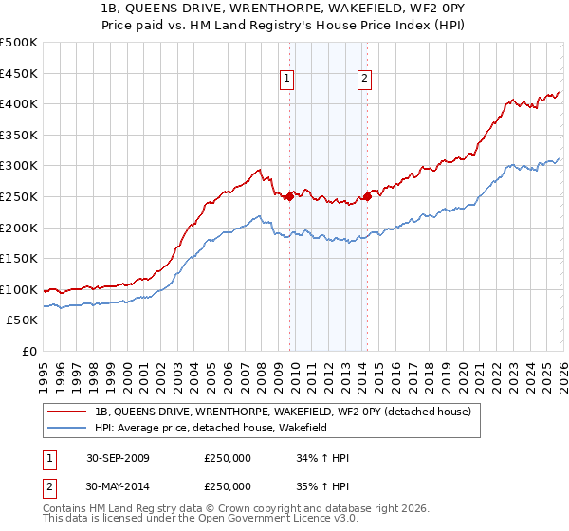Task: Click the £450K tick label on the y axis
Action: point(19,73)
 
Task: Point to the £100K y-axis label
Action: point(19,290)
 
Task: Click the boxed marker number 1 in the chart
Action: point(286,80)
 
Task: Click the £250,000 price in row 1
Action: point(228,459)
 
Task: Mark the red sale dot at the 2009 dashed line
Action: point(290,196)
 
